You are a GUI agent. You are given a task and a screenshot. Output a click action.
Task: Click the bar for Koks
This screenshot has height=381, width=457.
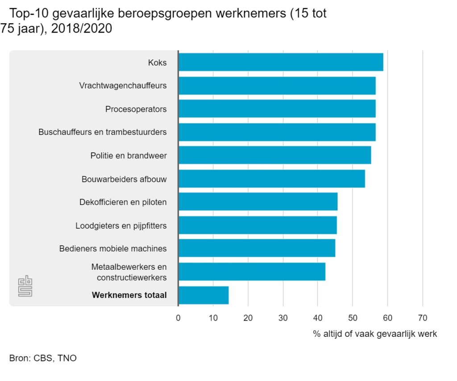(280, 62)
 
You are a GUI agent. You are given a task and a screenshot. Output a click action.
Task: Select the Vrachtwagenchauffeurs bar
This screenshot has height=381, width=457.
(277, 85)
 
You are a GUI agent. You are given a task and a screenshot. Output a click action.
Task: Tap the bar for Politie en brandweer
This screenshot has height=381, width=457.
(274, 155)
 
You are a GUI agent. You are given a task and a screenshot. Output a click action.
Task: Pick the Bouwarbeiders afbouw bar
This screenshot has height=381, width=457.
(271, 179)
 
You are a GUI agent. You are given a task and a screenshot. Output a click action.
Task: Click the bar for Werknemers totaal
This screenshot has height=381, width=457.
(204, 295)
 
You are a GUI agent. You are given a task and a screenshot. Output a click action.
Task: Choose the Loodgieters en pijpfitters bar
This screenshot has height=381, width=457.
(258, 225)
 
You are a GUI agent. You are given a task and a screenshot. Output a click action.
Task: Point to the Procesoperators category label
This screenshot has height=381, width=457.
(136, 109)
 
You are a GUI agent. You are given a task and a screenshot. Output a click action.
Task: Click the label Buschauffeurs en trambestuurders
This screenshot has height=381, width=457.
(103, 132)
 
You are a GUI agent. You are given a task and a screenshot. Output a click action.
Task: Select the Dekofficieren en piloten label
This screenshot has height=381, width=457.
(123, 202)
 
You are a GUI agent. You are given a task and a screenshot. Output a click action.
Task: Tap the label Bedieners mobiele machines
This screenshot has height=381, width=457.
(113, 248)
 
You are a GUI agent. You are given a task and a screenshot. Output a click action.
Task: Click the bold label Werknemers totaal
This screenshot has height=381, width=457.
(129, 295)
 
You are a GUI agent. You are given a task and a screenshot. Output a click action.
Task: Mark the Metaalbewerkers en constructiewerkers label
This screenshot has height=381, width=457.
(129, 272)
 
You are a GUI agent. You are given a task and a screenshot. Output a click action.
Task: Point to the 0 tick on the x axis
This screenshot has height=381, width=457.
(178, 318)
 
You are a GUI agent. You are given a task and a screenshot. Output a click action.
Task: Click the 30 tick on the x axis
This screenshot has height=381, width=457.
(283, 318)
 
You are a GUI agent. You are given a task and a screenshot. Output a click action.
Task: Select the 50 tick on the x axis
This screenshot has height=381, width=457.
(353, 318)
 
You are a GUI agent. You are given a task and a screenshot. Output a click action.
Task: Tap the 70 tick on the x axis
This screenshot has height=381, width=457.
(422, 318)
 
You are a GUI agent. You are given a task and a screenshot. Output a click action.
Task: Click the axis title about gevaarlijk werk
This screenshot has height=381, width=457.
(375, 334)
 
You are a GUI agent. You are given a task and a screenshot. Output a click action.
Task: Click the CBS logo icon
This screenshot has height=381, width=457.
(25, 286)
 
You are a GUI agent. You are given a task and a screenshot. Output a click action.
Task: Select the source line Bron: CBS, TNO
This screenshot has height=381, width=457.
(43, 358)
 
